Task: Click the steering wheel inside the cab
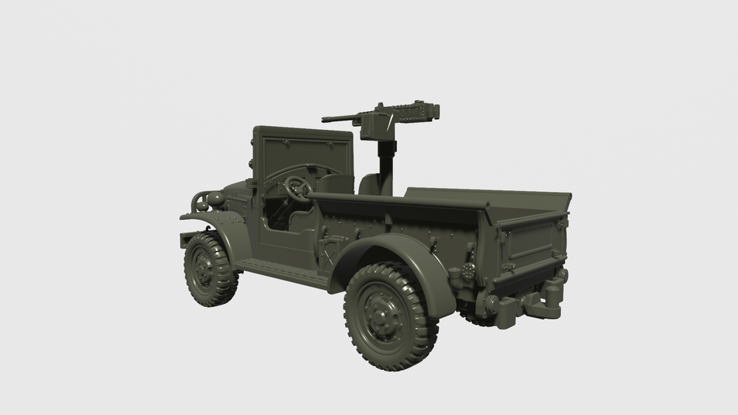297,187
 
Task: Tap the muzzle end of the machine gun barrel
325,120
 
